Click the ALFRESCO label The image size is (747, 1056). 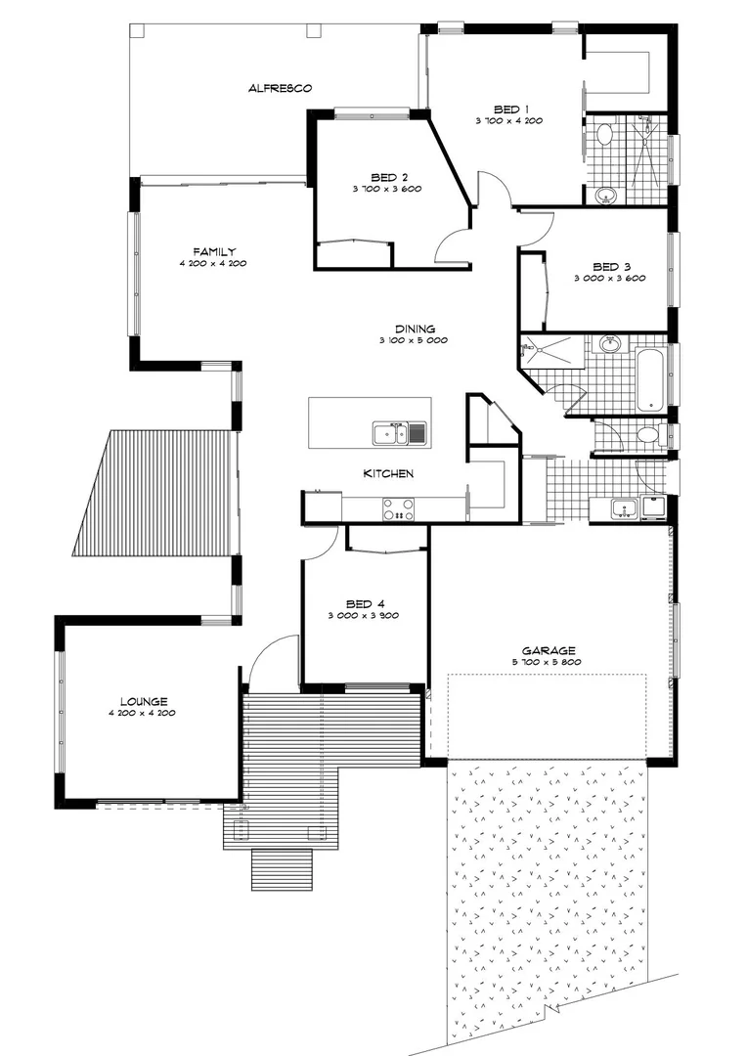click(280, 88)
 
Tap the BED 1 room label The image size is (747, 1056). click(510, 109)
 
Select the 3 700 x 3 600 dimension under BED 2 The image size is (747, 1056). click(387, 189)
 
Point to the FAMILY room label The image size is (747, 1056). click(213, 251)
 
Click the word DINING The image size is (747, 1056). click(414, 329)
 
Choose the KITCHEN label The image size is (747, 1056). click(388, 473)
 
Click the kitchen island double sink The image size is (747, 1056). click(399, 433)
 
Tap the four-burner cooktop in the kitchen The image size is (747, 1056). click(398, 509)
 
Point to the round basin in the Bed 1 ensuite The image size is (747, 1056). click(606, 195)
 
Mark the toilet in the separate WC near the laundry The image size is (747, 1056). click(647, 435)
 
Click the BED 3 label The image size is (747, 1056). click(612, 266)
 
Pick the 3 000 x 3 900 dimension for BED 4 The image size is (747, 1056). click(365, 616)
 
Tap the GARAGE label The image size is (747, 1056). click(549, 650)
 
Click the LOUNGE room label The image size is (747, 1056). click(144, 701)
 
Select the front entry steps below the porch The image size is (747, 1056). click(282, 867)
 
